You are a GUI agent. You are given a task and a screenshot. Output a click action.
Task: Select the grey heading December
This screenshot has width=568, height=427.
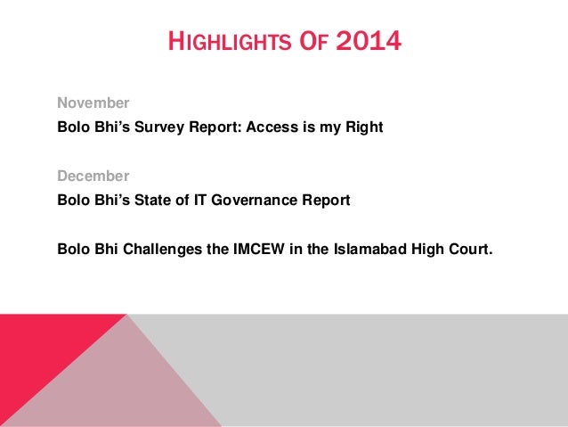pyautogui.click(x=93, y=176)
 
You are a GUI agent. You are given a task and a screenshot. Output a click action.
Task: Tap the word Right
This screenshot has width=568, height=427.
pyautogui.click(x=363, y=127)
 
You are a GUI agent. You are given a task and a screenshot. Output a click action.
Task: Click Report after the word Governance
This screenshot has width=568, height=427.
pyautogui.click(x=327, y=200)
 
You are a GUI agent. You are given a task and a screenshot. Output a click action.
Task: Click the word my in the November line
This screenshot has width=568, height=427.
pyautogui.click(x=324, y=127)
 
